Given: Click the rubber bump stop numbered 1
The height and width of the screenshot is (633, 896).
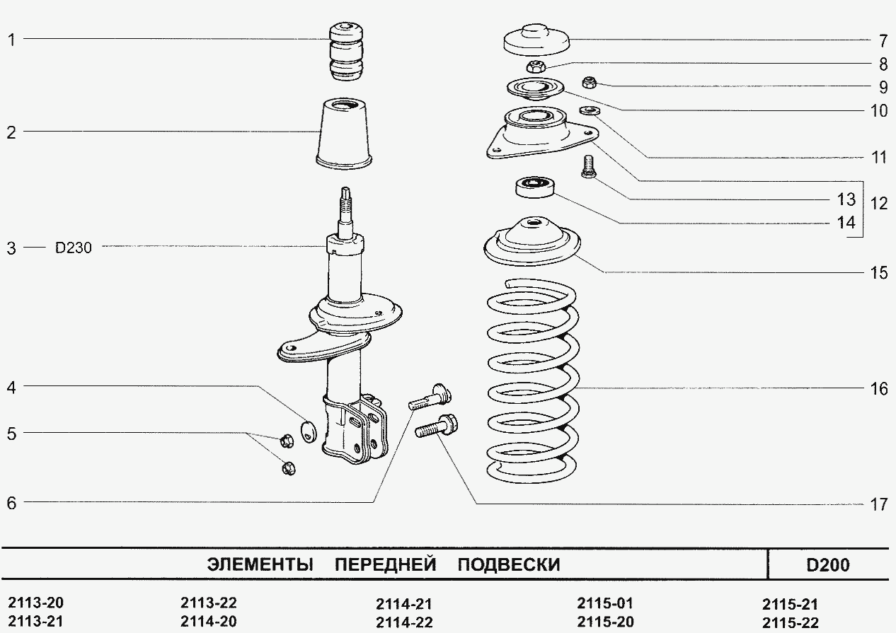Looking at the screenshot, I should tap(346, 53).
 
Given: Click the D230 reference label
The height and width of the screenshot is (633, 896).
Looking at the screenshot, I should tap(74, 248).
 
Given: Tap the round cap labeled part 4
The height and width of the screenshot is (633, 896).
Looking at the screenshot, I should tap(307, 429).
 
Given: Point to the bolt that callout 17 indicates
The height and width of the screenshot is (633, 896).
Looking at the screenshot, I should tap(435, 428).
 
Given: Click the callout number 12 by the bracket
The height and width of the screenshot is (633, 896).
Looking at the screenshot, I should tap(878, 204).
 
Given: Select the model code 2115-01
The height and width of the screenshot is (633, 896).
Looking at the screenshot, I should tap(604, 604).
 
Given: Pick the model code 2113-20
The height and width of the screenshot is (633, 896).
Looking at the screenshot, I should tap(35, 603).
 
